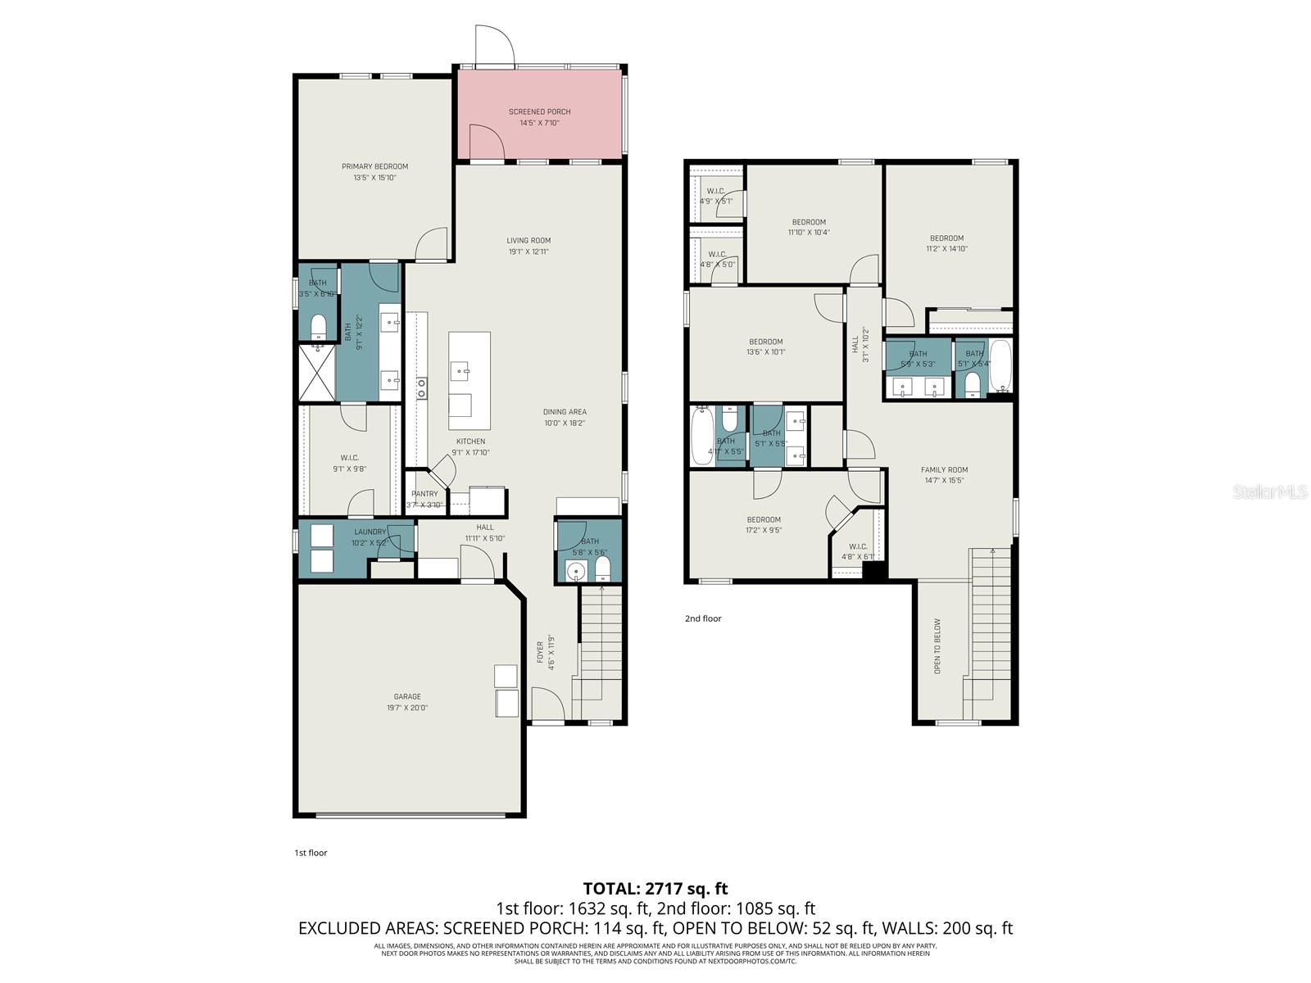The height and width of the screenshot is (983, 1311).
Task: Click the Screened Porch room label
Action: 539,111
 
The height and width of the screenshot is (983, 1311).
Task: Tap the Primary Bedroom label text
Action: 374,166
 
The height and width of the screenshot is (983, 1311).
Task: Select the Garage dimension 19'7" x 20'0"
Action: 406,708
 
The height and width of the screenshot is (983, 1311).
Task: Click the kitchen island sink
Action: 460,370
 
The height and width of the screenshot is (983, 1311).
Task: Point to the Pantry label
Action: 424,494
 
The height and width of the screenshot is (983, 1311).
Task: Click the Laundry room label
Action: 370,532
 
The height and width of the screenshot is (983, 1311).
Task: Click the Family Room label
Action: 944,470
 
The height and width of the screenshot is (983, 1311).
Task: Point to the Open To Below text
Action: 938,646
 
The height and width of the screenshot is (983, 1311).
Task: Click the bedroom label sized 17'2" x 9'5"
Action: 763,519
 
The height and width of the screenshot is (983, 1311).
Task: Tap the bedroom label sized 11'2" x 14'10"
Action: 946,238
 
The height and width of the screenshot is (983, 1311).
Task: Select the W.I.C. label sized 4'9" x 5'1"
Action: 715,191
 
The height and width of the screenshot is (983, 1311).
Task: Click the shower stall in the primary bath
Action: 316,372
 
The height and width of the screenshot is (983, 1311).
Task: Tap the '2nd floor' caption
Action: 703,618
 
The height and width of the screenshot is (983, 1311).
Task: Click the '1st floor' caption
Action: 311,853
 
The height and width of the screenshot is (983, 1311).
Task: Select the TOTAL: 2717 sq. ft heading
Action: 655,888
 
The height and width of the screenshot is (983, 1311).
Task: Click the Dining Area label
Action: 565,412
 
